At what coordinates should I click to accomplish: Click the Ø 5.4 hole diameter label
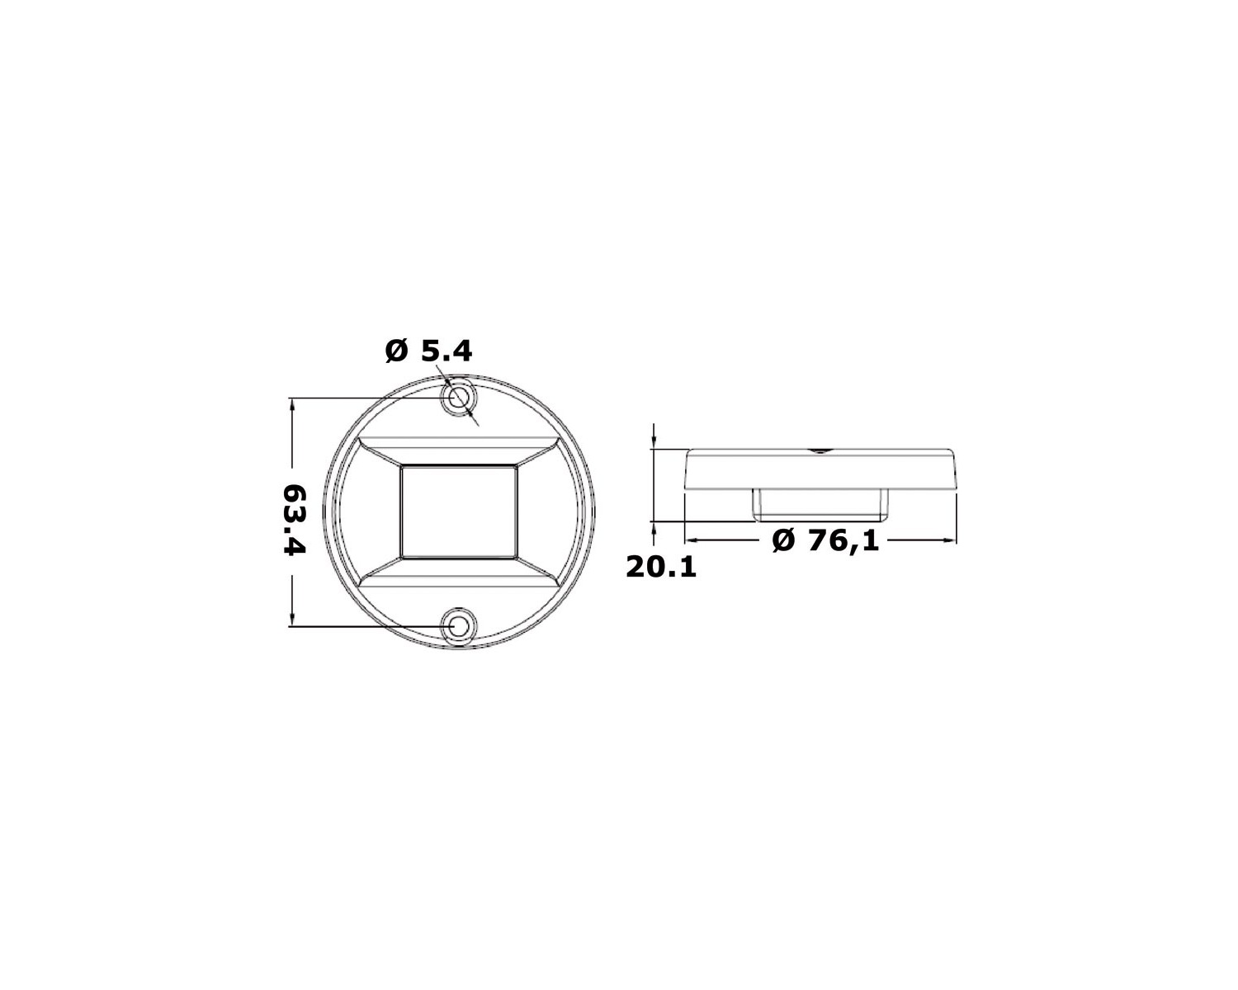pyautogui.click(x=428, y=351)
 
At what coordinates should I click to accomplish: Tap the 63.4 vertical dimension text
pyautogui.click(x=295, y=520)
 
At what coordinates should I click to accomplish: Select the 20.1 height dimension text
pyautogui.click(x=661, y=568)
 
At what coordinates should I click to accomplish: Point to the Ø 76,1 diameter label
pyautogui.click(x=825, y=540)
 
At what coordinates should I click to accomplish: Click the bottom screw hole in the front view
pyautogui.click(x=459, y=626)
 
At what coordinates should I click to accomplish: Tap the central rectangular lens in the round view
pyautogui.click(x=459, y=512)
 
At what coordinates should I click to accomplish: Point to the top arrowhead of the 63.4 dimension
pyautogui.click(x=292, y=404)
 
